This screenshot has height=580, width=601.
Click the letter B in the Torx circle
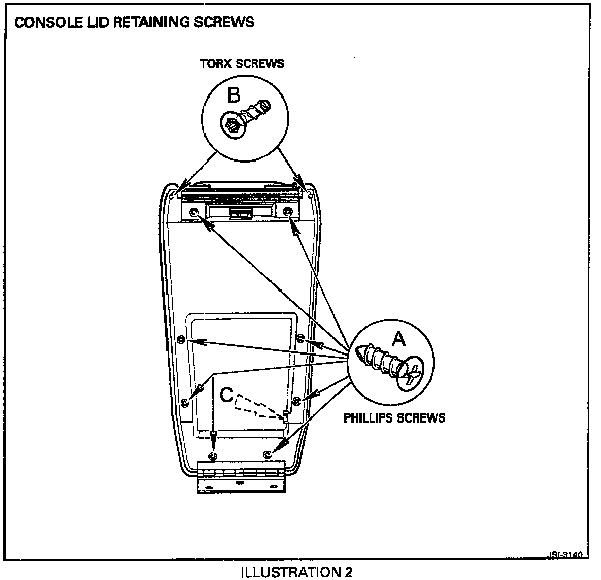(x=233, y=95)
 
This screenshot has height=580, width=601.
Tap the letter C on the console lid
(x=227, y=395)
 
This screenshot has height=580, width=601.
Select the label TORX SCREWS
(x=242, y=63)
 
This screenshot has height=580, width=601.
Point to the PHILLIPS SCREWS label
(x=394, y=418)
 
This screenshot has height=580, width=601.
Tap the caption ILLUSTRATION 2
(x=296, y=572)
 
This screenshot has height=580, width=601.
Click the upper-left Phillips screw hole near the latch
(x=194, y=212)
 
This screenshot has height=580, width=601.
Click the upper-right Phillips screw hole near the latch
(x=288, y=212)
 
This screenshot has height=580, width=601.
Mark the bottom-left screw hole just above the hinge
(x=213, y=455)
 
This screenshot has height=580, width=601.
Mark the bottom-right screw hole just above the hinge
(x=268, y=455)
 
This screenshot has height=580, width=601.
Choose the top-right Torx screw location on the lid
(x=311, y=193)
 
